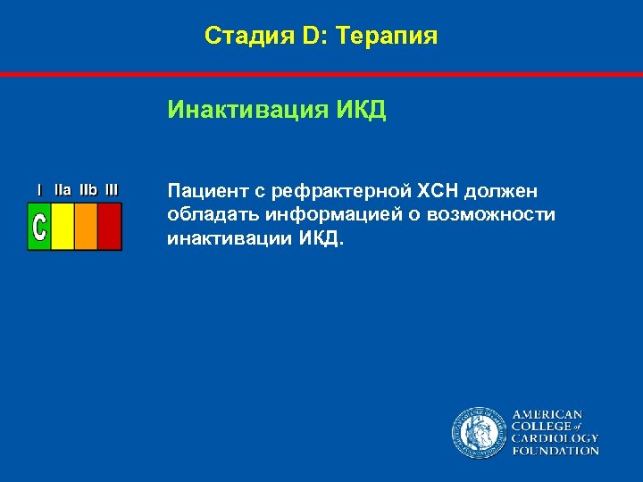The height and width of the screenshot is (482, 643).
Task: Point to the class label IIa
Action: coord(63,189)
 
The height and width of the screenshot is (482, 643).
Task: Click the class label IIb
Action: coord(88,189)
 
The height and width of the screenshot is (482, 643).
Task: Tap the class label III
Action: coord(111,189)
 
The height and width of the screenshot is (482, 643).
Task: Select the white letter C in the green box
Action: coord(39,226)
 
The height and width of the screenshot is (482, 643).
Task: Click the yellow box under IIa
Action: coord(63,226)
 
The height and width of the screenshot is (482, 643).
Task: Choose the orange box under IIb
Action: coord(86,226)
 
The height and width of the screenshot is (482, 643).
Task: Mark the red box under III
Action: coord(109,226)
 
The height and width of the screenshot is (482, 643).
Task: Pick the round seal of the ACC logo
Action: coord(478,433)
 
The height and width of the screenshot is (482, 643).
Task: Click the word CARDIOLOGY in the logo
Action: coord(555,439)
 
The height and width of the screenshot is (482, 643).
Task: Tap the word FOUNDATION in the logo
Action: coord(555,452)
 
